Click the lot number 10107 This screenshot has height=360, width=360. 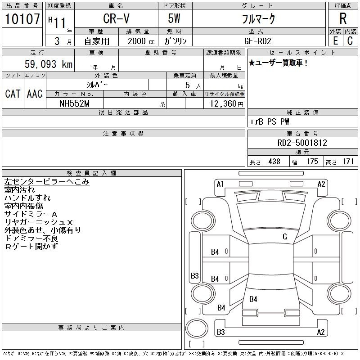22,18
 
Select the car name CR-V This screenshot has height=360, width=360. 116,18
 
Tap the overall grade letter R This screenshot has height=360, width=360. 343,18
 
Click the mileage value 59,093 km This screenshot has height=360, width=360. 49,64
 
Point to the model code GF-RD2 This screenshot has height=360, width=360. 257,41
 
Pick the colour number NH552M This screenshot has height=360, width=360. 74,103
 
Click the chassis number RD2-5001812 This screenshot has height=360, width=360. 302,143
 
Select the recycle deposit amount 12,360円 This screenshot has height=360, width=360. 226,104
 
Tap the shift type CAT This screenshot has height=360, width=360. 13,94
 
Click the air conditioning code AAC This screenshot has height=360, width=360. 35,94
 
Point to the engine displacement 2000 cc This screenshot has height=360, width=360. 141,41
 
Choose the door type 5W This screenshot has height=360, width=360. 174,18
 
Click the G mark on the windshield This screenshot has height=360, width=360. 285,237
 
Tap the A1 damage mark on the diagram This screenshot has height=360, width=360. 220,184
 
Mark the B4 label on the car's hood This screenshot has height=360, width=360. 253,299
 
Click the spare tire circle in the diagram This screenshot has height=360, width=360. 197,328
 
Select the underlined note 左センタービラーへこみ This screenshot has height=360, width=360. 47,182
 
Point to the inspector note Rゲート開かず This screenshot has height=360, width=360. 31,246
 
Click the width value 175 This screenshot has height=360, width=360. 312,162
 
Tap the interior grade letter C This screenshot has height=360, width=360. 350,41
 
